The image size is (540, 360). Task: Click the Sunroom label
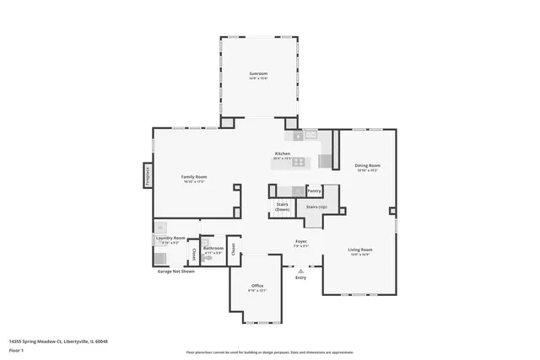coord(258,74)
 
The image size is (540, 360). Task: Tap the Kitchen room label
coord(282,153)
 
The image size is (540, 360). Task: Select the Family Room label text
coord(194,176)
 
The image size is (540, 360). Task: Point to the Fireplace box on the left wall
coord(147,175)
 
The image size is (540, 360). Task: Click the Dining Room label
coord(367,165)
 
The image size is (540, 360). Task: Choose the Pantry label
coord(315,191)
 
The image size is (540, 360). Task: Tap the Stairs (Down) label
coord(282,207)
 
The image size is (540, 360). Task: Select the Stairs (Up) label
coord(317,206)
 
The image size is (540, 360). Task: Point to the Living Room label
coord(360,250)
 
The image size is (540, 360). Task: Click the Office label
coord(257,286)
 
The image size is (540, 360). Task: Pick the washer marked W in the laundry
coord(160,226)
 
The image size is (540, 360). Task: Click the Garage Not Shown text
coord(176,271)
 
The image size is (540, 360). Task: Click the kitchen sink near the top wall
coord(310,133)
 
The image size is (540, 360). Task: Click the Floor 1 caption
coord(16,350)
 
